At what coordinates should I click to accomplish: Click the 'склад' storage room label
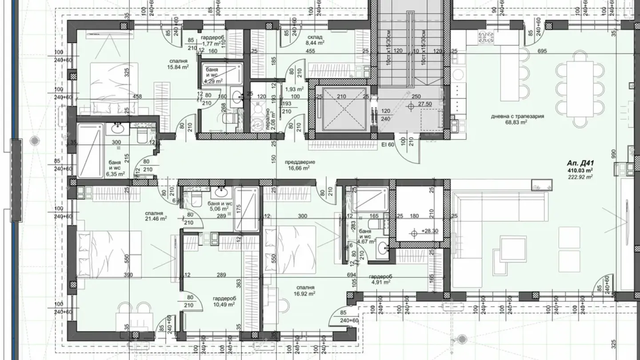[x=314, y=37]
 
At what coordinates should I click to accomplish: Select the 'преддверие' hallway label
[x=300, y=162]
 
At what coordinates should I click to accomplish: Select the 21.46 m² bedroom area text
[x=155, y=219]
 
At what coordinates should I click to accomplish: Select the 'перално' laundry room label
[x=268, y=118]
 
